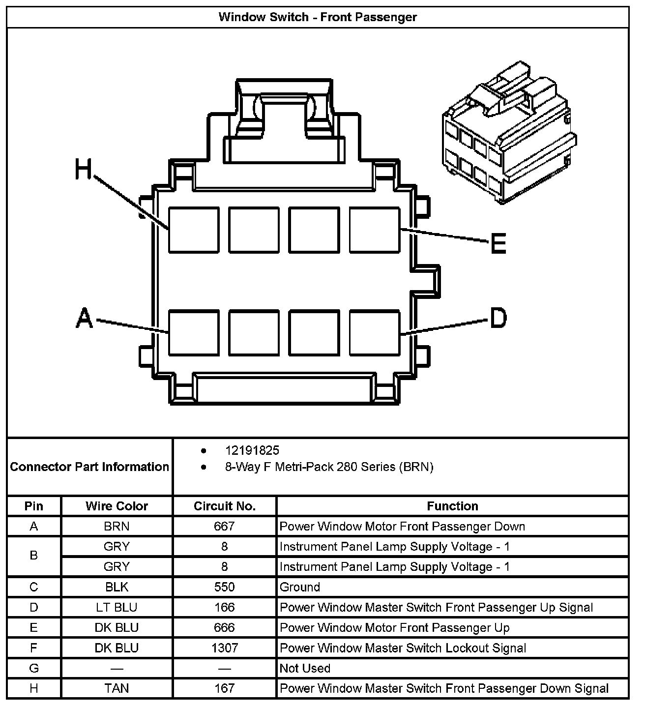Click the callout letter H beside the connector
84,169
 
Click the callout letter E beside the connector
498,243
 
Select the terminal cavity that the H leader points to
194,230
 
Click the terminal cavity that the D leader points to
375,332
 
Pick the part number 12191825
252,450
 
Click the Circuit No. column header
225,506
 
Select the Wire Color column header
117,506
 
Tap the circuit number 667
224,527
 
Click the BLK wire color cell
117,587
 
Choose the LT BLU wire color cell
117,608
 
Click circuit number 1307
225,648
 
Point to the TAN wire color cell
117,688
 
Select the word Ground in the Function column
300,587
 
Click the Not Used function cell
305,668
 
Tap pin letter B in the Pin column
34,556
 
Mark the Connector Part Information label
89,467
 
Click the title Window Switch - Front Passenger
318,17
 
